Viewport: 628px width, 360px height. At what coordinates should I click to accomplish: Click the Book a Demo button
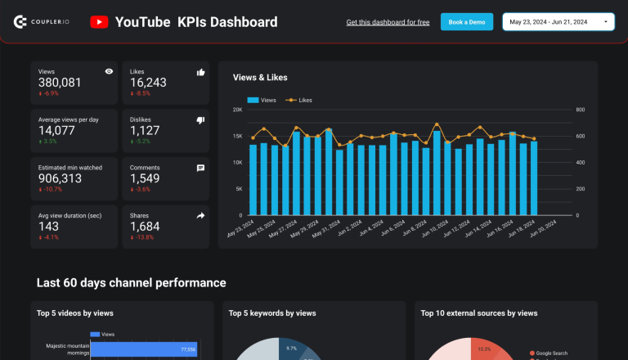[x=467, y=22]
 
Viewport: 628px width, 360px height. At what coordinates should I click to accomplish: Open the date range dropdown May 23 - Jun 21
[x=559, y=22]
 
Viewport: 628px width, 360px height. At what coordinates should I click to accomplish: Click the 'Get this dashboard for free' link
[x=388, y=22]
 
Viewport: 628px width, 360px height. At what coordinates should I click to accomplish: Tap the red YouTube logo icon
[x=99, y=22]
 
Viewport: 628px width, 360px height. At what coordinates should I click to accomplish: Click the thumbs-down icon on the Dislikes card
[x=200, y=120]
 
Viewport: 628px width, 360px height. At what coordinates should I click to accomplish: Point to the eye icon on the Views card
[x=109, y=72]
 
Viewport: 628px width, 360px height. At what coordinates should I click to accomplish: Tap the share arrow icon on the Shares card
[x=200, y=215]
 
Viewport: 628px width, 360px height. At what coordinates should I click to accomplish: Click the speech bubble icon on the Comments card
[x=200, y=168]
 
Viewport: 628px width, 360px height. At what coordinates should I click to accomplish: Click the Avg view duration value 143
[x=49, y=226]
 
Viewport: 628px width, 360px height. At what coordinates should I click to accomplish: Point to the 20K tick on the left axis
[x=237, y=110]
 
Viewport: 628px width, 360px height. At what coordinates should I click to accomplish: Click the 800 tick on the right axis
[x=580, y=110]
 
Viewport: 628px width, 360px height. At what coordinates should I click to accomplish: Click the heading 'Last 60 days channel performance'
[x=131, y=283]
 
